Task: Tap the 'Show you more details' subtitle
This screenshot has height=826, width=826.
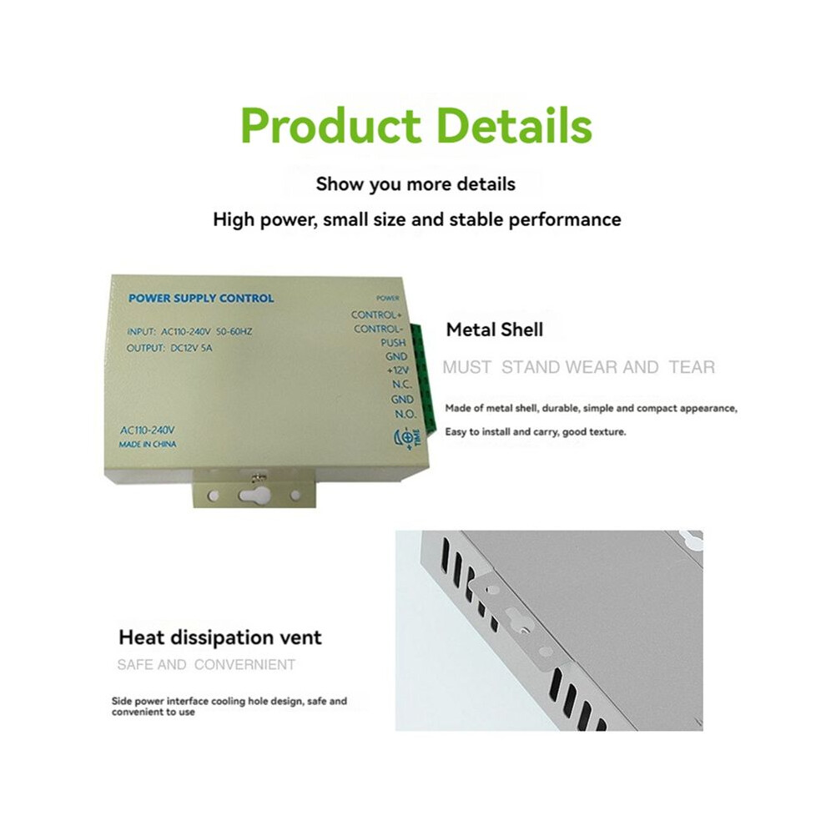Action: click(416, 184)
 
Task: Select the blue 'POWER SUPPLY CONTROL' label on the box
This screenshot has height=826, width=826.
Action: click(201, 298)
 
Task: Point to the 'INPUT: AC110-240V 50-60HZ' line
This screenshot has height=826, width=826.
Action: click(189, 331)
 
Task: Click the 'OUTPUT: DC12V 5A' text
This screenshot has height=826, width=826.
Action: click(169, 348)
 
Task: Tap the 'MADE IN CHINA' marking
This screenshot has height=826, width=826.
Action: click(148, 445)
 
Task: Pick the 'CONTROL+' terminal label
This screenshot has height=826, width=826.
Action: click(376, 315)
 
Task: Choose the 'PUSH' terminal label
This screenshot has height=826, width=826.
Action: click(393, 343)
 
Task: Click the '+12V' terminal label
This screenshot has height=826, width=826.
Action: click(397, 370)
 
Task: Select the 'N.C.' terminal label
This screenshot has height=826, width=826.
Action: click(401, 385)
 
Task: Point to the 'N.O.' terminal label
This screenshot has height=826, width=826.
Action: click(405, 415)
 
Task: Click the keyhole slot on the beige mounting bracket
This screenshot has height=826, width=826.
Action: click(254, 494)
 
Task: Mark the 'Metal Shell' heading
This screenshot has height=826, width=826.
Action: click(494, 330)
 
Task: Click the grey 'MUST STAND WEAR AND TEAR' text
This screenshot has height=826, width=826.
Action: click(578, 367)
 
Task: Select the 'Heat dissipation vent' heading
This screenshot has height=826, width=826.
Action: click(219, 638)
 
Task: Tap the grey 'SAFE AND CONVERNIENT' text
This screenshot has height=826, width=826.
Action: click(206, 665)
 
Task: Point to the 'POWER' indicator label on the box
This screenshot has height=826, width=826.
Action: click(388, 298)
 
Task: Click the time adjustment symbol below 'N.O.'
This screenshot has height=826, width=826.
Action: click(406, 438)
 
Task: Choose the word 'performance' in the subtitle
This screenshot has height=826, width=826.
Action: click(565, 219)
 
